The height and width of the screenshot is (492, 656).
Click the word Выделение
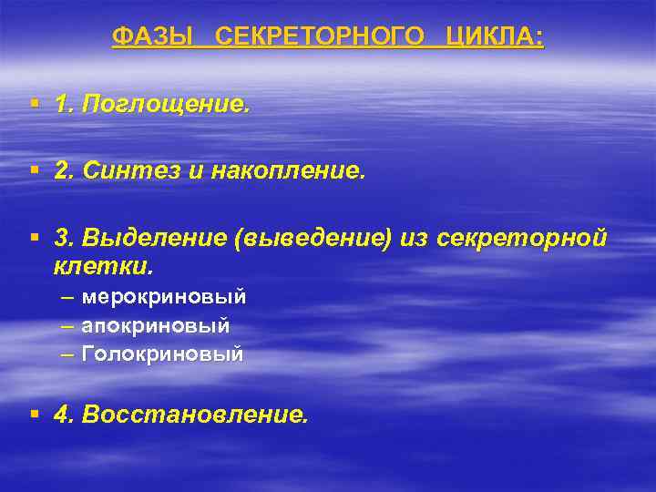pyautogui.click(x=154, y=238)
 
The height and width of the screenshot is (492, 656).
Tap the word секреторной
pyautogui.click(x=522, y=238)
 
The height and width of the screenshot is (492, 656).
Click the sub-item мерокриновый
pyautogui.click(x=164, y=297)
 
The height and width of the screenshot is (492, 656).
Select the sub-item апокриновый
pyautogui.click(x=156, y=325)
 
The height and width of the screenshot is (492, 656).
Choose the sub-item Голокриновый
pyautogui.click(x=163, y=354)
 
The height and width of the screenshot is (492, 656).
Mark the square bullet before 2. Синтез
pyautogui.click(x=35, y=169)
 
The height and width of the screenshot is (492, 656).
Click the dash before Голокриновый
pyautogui.click(x=68, y=354)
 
